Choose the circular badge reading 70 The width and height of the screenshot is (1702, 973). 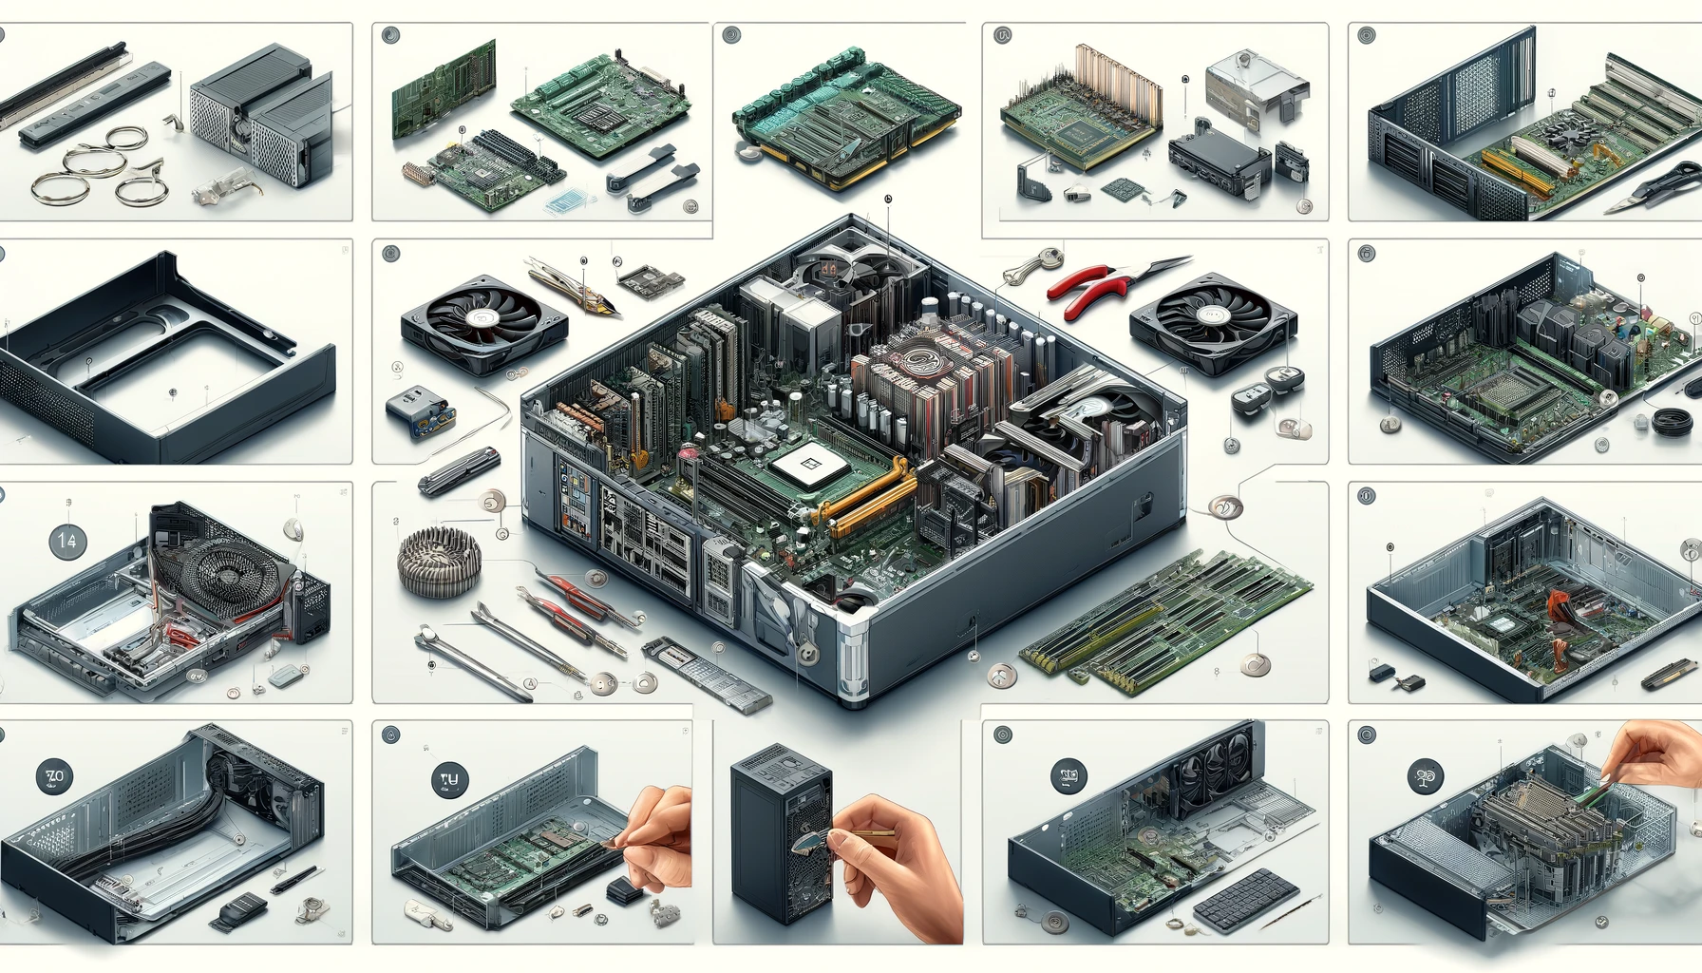coord(54,776)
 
